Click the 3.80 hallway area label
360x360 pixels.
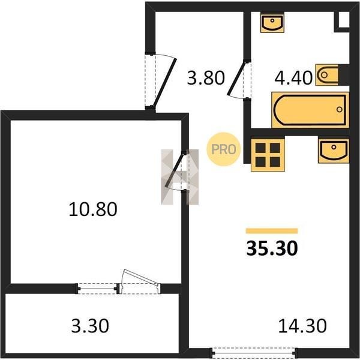click(x=206, y=78)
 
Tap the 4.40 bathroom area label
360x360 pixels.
click(x=293, y=78)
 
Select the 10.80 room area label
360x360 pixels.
click(x=93, y=209)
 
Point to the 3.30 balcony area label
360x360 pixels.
click(x=90, y=326)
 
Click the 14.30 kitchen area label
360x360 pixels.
click(x=302, y=326)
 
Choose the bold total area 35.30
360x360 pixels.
click(x=272, y=248)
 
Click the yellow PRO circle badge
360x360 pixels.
click(x=223, y=149)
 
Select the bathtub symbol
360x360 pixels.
click(x=310, y=110)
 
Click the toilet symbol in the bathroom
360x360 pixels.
click(x=327, y=75)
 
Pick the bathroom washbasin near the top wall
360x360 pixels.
click(x=272, y=23)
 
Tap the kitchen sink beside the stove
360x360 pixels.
click(x=334, y=151)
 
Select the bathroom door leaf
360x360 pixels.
click(x=236, y=78)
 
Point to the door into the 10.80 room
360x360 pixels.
click(x=175, y=169)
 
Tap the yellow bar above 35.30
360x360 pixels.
click(x=272, y=231)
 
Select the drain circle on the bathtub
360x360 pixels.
click(x=340, y=110)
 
